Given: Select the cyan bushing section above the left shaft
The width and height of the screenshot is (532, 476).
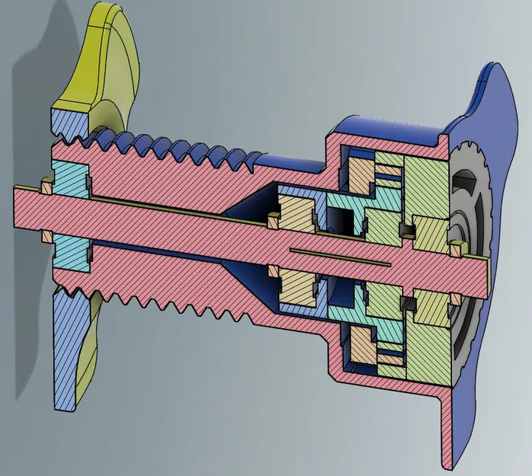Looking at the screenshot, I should tap(69, 180).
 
